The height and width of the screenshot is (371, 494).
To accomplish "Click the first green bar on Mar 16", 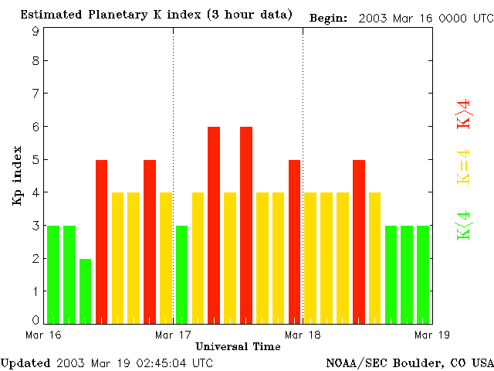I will click(x=53, y=274).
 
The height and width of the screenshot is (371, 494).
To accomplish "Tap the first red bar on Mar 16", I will click(x=101, y=241).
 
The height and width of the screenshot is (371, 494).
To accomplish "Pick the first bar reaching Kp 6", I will click(x=214, y=224).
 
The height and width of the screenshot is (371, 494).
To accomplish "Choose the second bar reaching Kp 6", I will click(x=246, y=224).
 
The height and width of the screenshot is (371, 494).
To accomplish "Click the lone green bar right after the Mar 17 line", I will click(x=182, y=274).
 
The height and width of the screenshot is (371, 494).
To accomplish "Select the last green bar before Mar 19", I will click(x=423, y=274).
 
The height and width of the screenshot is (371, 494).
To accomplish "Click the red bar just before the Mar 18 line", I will click(x=294, y=241).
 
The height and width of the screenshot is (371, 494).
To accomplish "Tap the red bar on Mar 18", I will click(x=359, y=241).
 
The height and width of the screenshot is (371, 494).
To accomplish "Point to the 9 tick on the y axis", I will click(x=36, y=31).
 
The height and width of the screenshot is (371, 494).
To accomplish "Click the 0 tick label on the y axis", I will click(x=36, y=320).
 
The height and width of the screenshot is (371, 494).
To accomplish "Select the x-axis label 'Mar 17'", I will click(x=173, y=335).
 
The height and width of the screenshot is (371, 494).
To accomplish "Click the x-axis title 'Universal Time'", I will click(x=238, y=346).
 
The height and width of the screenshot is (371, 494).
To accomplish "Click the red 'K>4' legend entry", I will click(x=464, y=113).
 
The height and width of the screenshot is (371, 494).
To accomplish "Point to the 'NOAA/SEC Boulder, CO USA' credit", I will click(x=409, y=362).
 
